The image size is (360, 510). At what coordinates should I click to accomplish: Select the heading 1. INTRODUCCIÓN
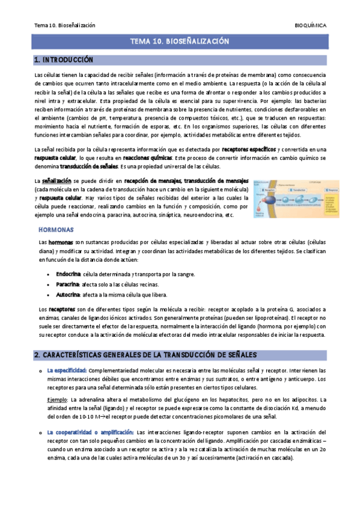[64, 60]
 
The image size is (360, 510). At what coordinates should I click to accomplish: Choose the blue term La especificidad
[67, 370]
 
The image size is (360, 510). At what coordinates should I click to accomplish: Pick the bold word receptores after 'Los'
[62, 309]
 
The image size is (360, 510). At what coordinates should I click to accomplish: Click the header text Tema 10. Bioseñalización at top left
[65, 26]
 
